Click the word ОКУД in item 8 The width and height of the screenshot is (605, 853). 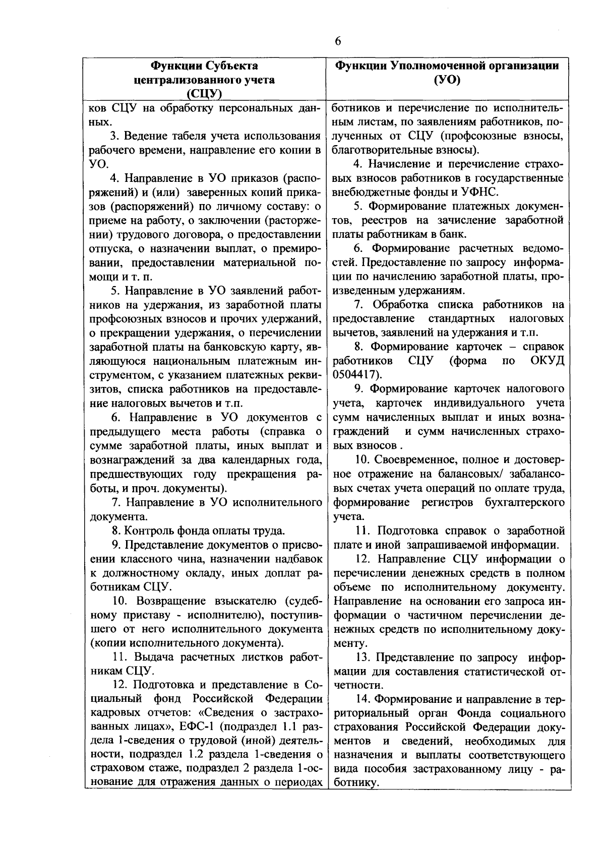click(547, 361)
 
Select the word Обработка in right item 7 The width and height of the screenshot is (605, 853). click(402, 304)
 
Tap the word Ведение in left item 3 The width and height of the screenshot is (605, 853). click(147, 136)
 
